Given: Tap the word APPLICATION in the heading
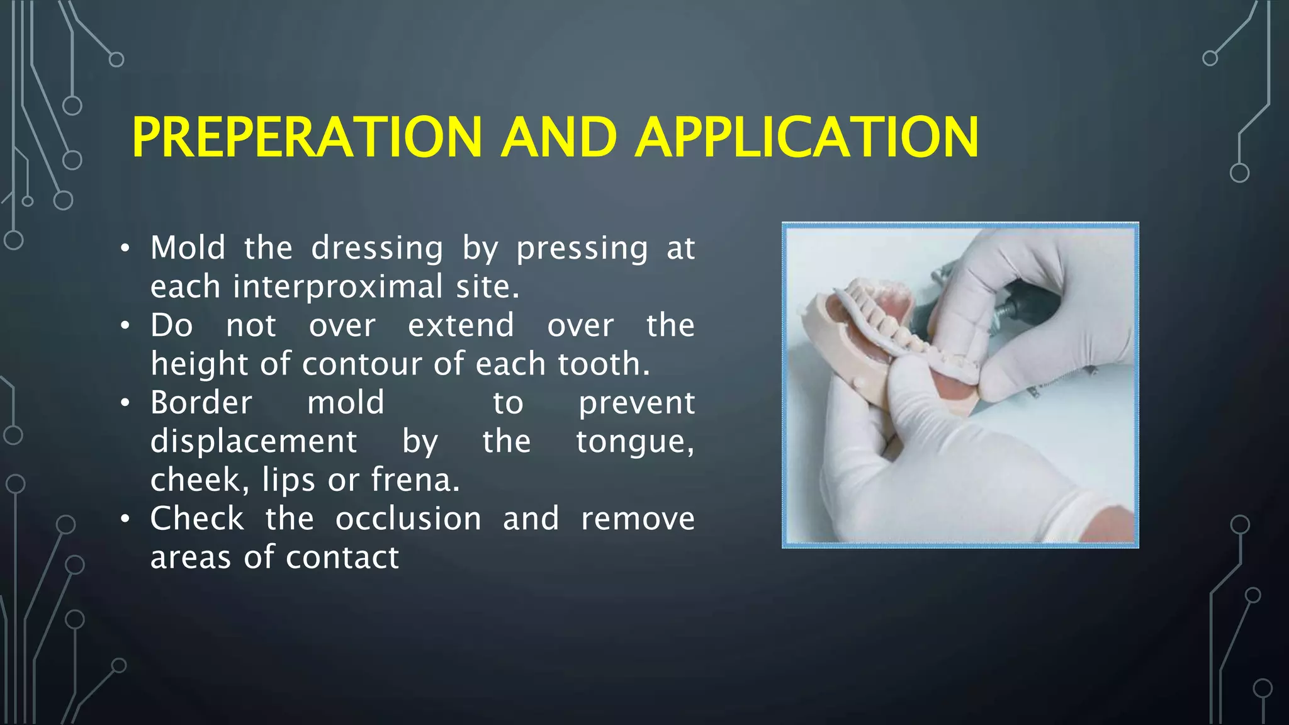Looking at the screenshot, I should click(x=807, y=137).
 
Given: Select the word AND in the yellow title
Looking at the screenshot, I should click(x=558, y=137).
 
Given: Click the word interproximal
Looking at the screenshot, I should click(x=338, y=287).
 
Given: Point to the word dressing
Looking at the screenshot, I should click(x=378, y=249).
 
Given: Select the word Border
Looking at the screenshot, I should click(x=201, y=403).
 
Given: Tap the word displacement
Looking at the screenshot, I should click(x=254, y=441).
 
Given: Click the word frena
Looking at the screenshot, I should click(x=415, y=480).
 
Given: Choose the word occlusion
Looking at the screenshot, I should click(x=408, y=519).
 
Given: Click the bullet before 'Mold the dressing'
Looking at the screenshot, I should click(x=126, y=249).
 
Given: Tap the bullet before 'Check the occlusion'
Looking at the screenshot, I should click(x=126, y=520).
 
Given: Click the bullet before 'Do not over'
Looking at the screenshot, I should click(x=126, y=326).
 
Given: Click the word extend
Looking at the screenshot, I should click(x=461, y=326).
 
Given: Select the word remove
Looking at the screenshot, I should click(x=638, y=519).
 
